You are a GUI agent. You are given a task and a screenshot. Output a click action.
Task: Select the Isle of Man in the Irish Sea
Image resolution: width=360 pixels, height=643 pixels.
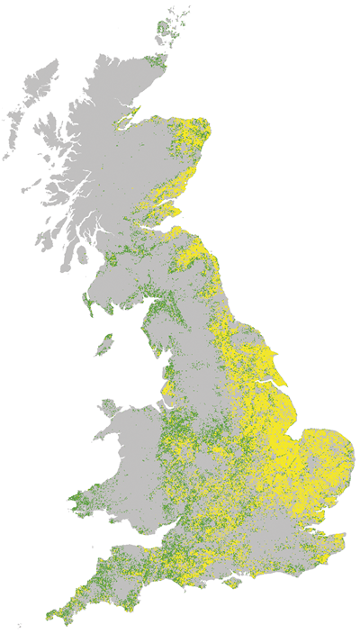(105, 345)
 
